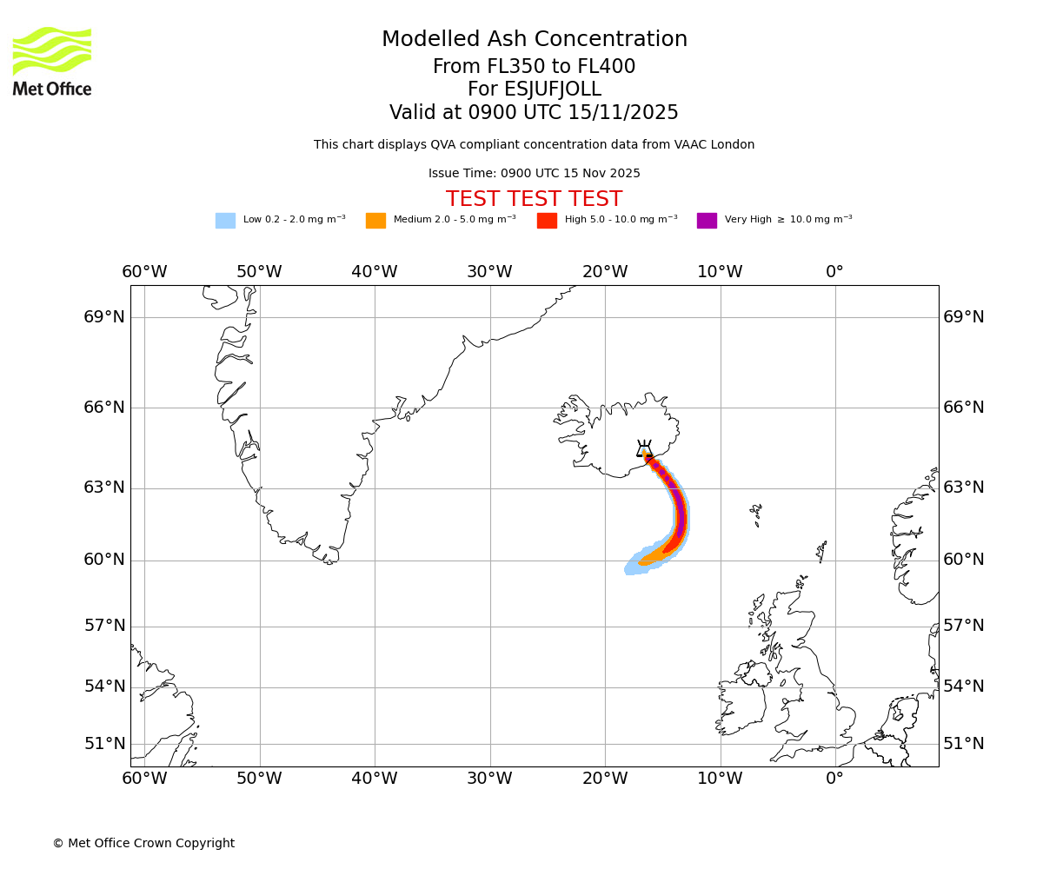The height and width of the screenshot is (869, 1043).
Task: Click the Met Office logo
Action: tap(52, 61)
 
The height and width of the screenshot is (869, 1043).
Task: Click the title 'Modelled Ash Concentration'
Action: tap(534, 40)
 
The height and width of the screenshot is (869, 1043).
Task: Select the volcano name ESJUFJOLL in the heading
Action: tap(534, 90)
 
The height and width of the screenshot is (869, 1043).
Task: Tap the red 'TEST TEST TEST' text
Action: tap(534, 200)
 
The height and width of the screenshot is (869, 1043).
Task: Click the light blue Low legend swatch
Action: tap(225, 221)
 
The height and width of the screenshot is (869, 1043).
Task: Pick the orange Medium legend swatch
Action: tap(375, 221)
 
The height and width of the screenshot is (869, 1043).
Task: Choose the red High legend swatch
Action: tap(547, 221)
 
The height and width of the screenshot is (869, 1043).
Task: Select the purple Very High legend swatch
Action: tap(707, 221)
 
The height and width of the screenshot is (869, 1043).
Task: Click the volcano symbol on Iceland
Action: tap(644, 449)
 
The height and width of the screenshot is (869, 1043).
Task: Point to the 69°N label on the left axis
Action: tap(104, 317)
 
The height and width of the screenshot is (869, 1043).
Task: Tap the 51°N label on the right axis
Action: tap(964, 744)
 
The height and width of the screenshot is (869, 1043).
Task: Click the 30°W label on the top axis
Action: tap(489, 272)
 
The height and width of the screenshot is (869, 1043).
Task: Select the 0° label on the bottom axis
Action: tap(834, 779)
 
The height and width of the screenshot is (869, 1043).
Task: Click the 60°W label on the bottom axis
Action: tap(144, 779)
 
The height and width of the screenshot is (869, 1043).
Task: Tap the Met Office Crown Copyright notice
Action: tap(143, 844)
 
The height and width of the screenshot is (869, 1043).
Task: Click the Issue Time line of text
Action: tap(534, 174)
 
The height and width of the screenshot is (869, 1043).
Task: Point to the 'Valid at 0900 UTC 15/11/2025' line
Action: tap(534, 113)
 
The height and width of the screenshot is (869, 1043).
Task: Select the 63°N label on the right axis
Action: tap(964, 488)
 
